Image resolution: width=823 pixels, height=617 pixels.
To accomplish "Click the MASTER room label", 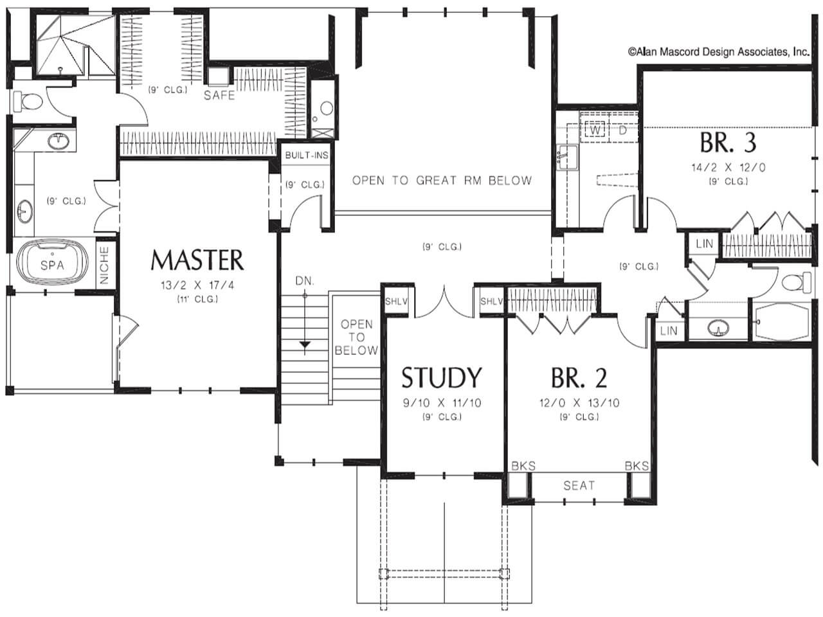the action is tap(197, 260).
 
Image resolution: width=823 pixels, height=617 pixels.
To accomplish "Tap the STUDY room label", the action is tap(441, 378).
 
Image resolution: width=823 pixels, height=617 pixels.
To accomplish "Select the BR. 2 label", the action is tap(579, 378).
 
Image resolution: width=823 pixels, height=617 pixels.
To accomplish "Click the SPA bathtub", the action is tap(52, 265).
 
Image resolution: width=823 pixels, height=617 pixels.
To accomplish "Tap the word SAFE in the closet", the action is tap(219, 95).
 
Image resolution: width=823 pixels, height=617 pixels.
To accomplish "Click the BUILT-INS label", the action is tap(307, 155).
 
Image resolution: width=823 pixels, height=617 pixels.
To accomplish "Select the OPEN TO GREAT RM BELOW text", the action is tap(442, 181).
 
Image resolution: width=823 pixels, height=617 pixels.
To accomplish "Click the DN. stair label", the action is tap(305, 281).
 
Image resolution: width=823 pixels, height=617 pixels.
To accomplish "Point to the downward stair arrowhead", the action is tap(305, 344).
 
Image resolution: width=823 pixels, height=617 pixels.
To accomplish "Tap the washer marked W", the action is tap(595, 130).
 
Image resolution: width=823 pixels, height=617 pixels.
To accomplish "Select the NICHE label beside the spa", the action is tap(104, 265).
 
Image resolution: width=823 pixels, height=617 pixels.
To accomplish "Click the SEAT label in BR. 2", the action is tap(579, 485).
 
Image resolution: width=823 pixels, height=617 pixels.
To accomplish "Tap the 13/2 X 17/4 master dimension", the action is tap(197, 285).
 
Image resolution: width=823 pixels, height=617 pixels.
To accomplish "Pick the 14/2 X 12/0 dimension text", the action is tap(728, 168).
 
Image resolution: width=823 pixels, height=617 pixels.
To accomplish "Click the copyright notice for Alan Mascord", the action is tap(719, 51).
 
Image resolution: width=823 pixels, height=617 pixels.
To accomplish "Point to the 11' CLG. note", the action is tap(197, 300).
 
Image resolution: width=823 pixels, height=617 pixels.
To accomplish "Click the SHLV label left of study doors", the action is tap(396, 301).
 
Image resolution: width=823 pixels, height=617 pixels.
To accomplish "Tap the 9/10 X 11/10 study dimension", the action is tap(442, 403).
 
